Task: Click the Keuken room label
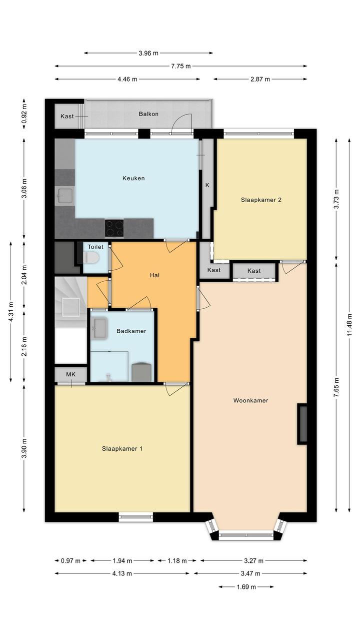point(133,178)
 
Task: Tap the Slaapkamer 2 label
point(261,200)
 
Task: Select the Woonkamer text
point(250,400)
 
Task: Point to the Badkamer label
point(131,331)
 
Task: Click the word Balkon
point(148,114)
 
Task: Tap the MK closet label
point(70,374)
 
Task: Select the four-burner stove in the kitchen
point(114,228)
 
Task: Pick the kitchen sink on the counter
point(65,196)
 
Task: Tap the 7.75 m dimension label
point(180,66)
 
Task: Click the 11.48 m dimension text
point(349,325)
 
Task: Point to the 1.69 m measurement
point(246,586)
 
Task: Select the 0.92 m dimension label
point(24,114)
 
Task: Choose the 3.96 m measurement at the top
point(148,53)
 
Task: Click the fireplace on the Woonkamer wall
point(302,424)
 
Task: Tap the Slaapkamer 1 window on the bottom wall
point(135,516)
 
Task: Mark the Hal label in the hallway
point(154,275)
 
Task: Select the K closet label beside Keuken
point(207,185)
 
